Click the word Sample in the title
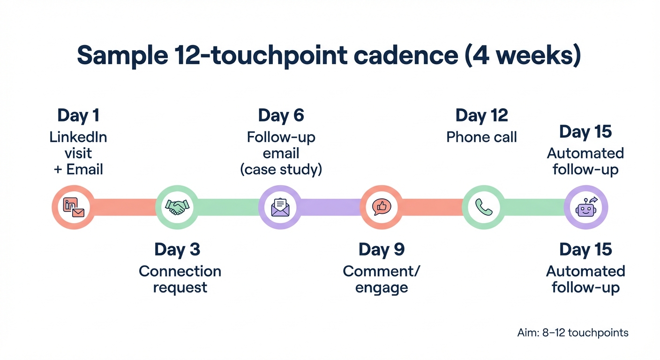[x=122, y=56]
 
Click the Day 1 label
[x=78, y=115]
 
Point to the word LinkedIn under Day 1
[x=78, y=137]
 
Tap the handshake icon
[x=177, y=207]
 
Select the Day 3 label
[x=177, y=250]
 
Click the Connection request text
[x=180, y=279]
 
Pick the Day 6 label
[x=281, y=115]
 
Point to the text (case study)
[x=281, y=169]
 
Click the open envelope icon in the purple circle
[x=280, y=207]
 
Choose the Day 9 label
[x=382, y=250]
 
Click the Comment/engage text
[x=382, y=279]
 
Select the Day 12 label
[x=482, y=115]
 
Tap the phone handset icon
[x=484, y=207]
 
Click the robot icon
[x=586, y=207]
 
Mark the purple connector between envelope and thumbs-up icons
[x=331, y=207]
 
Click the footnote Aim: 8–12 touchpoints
[x=573, y=333]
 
